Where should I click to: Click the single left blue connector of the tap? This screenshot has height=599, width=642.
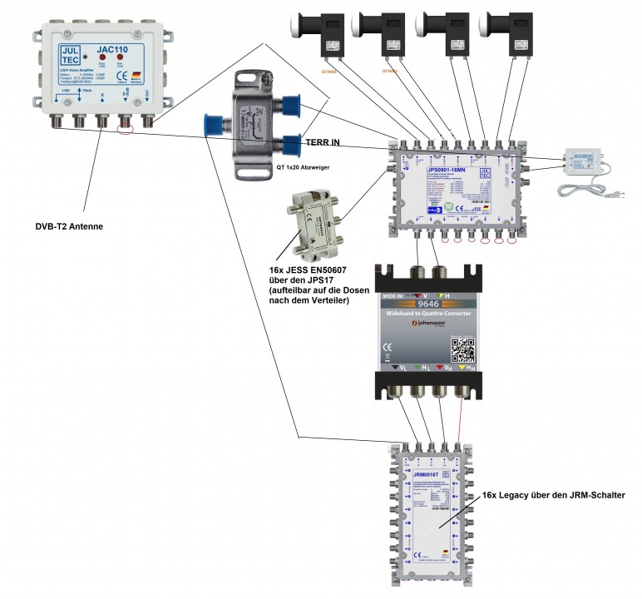(217, 123)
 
